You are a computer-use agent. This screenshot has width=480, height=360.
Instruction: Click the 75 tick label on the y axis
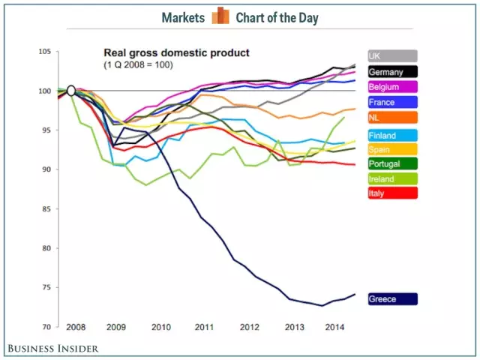click(46, 287)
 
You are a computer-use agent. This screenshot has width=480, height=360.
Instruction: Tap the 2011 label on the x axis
click(204, 328)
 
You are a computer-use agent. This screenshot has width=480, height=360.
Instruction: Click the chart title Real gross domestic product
click(175, 53)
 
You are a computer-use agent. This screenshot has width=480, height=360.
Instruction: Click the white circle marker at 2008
click(71, 91)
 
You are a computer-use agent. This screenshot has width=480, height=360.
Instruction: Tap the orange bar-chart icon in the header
click(220, 16)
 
